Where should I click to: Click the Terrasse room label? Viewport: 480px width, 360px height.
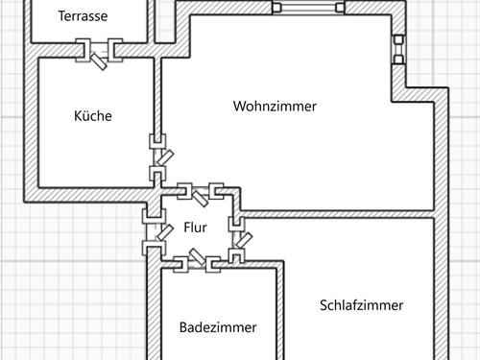83,16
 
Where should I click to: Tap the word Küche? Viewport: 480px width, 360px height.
93,116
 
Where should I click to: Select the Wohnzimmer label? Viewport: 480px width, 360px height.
275,107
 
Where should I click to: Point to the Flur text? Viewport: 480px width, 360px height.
195,228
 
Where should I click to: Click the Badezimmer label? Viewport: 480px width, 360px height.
218,327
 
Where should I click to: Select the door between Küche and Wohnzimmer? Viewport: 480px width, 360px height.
158,157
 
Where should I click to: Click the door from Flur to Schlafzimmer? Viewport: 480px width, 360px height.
235,239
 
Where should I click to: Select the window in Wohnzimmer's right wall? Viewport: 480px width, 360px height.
397,51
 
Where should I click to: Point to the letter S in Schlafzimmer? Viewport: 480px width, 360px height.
323,305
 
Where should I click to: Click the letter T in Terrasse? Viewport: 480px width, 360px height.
61,16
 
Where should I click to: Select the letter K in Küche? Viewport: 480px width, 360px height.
78,116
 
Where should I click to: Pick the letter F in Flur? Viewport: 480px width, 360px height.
186,228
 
